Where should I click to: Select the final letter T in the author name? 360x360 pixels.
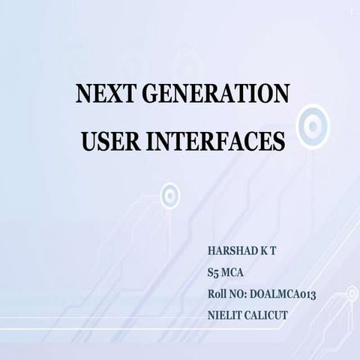273,248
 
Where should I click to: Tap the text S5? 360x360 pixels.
214,271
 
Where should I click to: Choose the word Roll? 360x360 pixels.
219,295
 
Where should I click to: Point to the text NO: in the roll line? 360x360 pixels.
245,295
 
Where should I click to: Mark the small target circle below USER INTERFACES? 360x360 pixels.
171,196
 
